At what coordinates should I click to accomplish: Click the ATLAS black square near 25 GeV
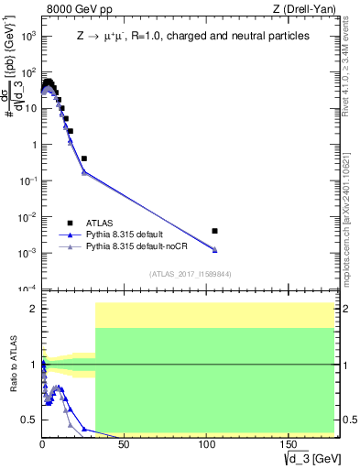(x=83, y=158)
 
